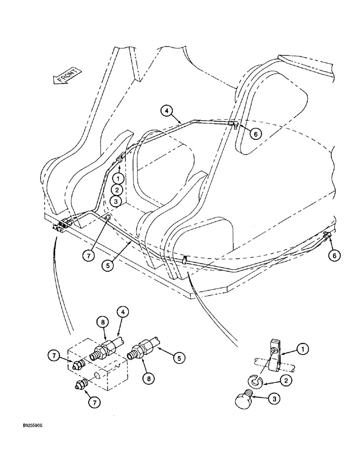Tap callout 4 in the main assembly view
click(x=167, y=111)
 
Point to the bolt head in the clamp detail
click(x=244, y=400)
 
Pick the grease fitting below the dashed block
click(x=81, y=385)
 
